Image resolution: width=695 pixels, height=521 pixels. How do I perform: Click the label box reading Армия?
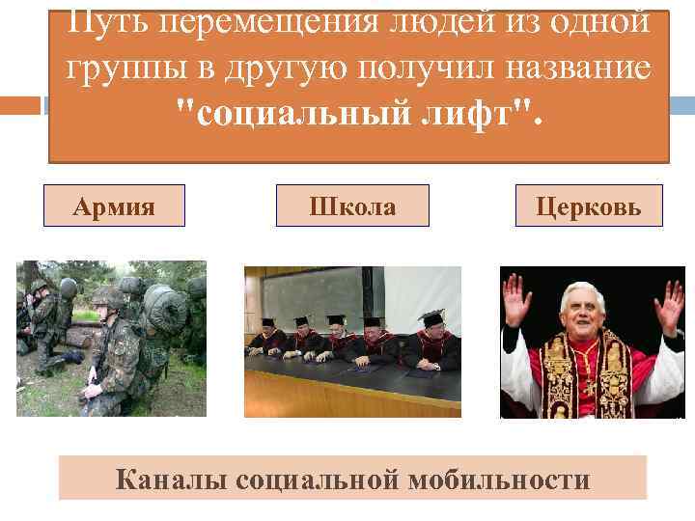114,206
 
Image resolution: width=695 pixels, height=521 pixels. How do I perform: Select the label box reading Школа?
352,206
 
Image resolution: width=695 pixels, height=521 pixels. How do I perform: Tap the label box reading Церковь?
589,206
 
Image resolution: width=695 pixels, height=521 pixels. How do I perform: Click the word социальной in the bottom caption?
314,480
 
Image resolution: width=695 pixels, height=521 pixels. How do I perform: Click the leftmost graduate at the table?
263,337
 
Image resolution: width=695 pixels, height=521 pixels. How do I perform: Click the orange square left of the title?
20,105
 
